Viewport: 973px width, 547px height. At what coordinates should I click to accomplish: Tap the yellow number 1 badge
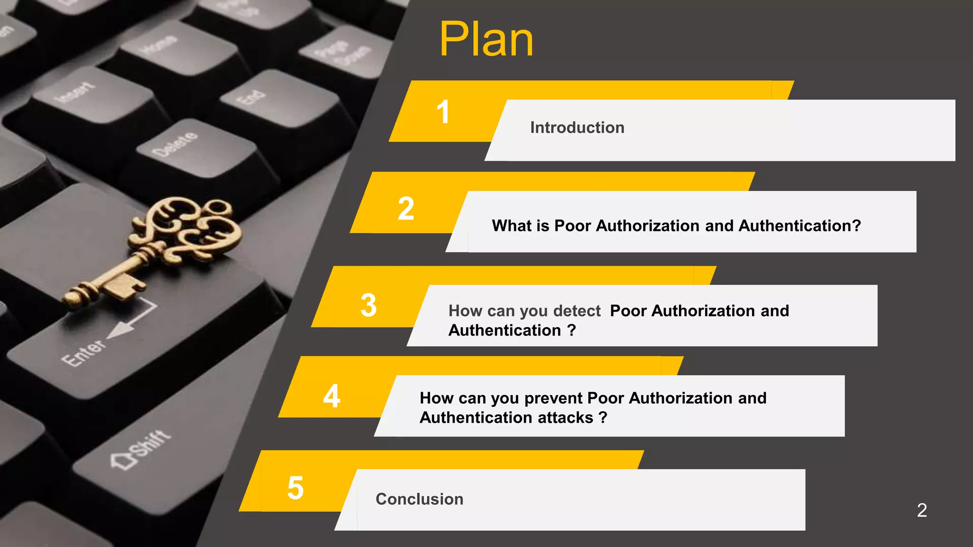point(443,112)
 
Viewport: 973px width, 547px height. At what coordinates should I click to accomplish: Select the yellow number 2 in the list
point(406,208)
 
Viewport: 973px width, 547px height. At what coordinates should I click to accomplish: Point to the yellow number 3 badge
point(369,305)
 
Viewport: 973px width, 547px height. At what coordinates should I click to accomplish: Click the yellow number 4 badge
point(332,396)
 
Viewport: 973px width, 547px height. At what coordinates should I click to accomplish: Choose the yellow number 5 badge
point(295,488)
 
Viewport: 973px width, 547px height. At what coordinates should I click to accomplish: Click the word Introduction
point(577,128)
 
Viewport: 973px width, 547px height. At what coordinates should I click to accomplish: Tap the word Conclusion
point(419,499)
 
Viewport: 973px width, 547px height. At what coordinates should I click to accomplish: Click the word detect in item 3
point(577,311)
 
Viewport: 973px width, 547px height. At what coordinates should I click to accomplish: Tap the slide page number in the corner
point(922,510)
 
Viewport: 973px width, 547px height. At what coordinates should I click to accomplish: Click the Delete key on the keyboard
point(175,144)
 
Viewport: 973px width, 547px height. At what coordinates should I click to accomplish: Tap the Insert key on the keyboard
point(75,92)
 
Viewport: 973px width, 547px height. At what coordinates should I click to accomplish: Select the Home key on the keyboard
point(158,45)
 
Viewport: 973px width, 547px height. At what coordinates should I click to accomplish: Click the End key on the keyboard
point(250,97)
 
